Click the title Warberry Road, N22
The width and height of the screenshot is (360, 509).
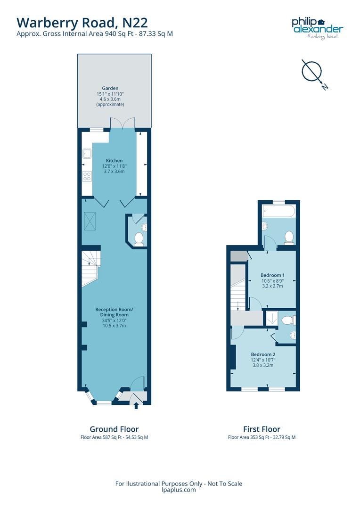82,22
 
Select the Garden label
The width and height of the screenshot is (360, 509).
110,88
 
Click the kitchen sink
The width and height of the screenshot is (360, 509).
87,153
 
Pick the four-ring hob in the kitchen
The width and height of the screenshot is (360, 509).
87,176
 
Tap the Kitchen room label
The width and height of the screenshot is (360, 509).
114,161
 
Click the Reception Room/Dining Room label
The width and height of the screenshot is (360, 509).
114,312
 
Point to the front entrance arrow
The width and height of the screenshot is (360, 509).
137,405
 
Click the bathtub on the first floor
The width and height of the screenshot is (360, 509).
278,210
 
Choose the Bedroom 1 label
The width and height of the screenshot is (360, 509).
272,275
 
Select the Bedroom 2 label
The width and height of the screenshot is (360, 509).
262,354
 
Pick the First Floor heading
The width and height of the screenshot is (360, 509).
262,429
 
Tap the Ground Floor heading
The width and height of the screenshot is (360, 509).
114,429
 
